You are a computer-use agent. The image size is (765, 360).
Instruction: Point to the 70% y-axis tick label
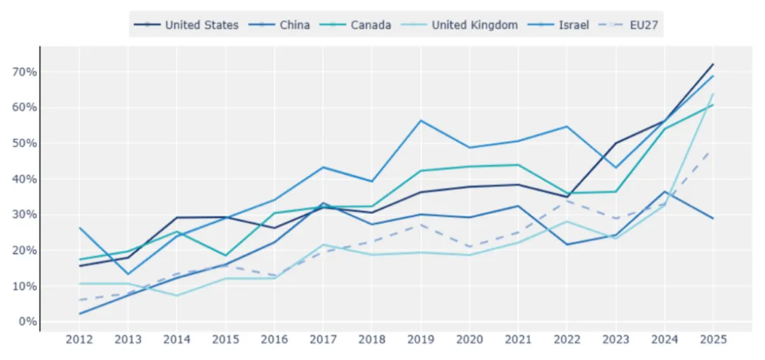23,72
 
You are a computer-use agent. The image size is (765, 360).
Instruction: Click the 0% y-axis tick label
26,322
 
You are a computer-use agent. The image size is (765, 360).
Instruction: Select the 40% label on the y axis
23,179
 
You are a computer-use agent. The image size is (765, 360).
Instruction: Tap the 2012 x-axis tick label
79,339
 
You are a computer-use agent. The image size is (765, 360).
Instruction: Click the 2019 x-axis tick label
421,339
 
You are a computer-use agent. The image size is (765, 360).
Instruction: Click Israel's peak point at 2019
421,120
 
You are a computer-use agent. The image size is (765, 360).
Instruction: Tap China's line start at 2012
79,314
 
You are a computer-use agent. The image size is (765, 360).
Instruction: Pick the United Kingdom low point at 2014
176,296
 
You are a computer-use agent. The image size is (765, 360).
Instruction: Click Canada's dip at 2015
225,255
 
